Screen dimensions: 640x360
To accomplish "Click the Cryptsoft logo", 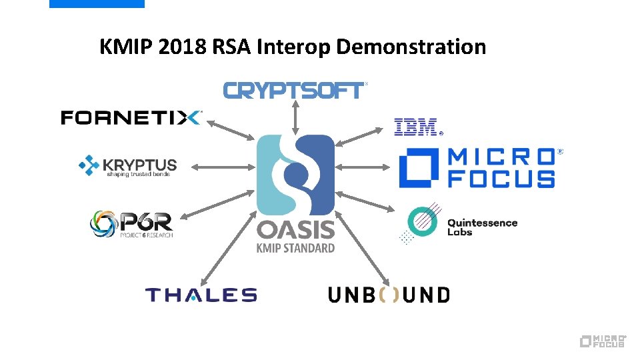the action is point(294,90).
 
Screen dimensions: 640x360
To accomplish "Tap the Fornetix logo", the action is point(131,118).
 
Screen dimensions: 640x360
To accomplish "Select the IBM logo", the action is point(417,126).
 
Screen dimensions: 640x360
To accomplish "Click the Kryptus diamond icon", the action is point(89,165).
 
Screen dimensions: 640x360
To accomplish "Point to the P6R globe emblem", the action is point(104,225).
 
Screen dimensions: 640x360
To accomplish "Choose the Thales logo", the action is point(201,295).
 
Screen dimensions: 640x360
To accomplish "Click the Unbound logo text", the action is point(389,295).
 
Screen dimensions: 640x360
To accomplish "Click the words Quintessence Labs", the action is point(482,227).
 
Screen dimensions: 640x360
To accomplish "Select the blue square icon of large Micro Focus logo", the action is point(419,167).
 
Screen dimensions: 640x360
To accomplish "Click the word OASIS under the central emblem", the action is point(296,230).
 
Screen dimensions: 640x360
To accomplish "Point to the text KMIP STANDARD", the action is point(296,248).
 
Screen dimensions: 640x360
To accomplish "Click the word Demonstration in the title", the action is point(411,47).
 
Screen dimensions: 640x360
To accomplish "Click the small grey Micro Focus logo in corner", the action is point(603,341).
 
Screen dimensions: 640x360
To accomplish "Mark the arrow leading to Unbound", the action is point(364,248).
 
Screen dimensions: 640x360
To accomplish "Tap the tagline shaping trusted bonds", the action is point(138,175).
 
